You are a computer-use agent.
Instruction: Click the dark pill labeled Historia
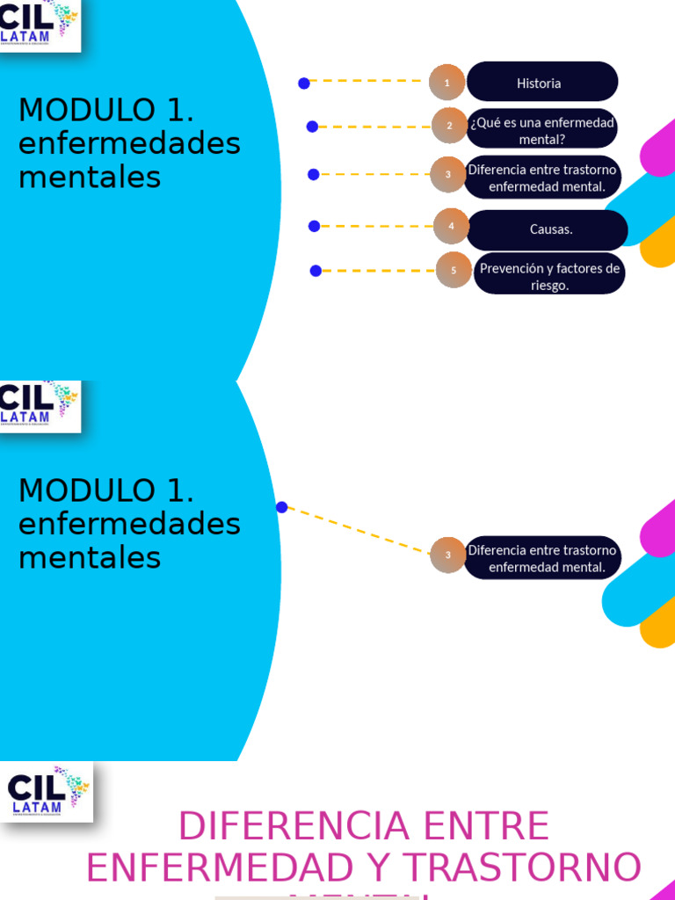(x=542, y=83)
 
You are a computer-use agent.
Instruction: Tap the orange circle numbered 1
(x=447, y=83)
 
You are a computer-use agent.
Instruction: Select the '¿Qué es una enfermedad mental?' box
(x=541, y=130)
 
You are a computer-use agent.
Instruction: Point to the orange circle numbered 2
(x=449, y=126)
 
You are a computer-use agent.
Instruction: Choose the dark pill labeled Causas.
(x=548, y=229)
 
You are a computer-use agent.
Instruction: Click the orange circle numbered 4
(x=452, y=226)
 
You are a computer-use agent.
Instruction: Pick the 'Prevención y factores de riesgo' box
(x=549, y=276)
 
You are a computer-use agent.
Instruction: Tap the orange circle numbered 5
(x=454, y=270)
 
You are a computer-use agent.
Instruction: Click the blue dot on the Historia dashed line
(x=304, y=83)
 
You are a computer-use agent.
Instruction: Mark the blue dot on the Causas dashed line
(x=315, y=226)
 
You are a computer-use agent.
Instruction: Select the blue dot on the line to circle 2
(x=312, y=127)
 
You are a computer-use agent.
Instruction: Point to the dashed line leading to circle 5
(x=378, y=271)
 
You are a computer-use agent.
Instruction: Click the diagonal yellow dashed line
(x=356, y=530)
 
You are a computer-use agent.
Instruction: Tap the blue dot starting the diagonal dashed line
(x=282, y=507)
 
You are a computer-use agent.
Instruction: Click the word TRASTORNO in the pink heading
(x=522, y=868)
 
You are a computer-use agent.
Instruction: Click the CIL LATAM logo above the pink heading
(x=47, y=791)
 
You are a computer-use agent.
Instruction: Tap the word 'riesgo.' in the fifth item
(x=549, y=286)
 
